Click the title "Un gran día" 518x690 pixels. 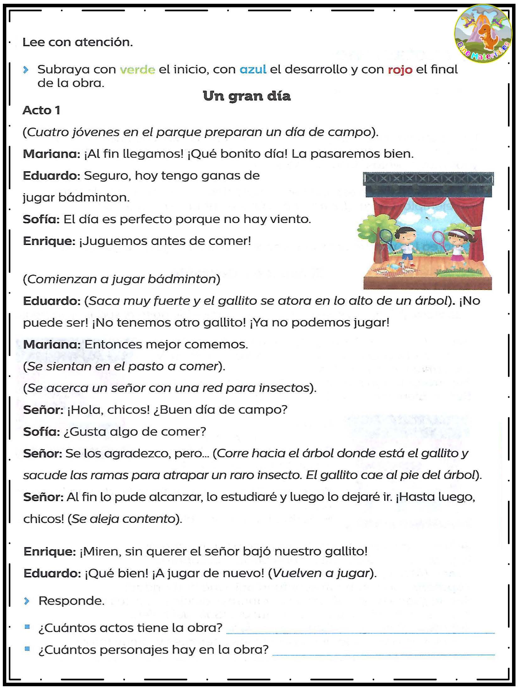pos(247,96)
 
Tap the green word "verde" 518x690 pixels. pos(138,69)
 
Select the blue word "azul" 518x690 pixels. pos(253,69)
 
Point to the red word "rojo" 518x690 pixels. pos(400,69)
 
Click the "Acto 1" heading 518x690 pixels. pos(41,110)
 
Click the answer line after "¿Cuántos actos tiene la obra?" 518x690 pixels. pos(360,632)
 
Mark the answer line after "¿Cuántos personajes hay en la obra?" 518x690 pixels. pos(383,654)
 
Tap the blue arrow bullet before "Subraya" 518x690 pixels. pos(26,70)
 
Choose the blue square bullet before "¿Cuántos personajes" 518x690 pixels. pos(27,649)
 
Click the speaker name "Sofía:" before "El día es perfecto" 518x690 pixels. pos(41,219)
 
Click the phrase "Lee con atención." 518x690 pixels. pos(78,42)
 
